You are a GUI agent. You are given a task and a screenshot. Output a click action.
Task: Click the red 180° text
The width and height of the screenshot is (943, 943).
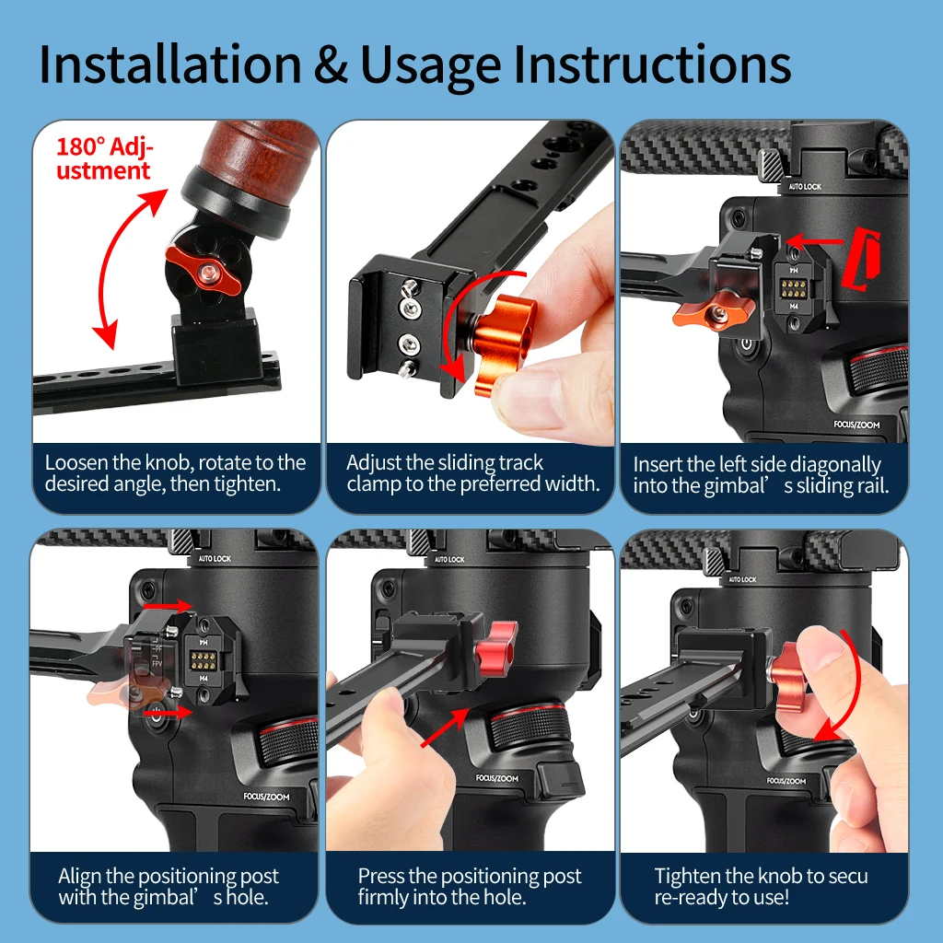point(81,146)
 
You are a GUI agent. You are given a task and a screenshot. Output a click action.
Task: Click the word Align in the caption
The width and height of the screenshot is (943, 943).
point(80,877)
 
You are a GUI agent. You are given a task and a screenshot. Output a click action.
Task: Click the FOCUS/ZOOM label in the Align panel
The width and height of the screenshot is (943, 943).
point(266,797)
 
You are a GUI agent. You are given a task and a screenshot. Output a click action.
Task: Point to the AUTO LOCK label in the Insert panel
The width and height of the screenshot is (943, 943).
point(805,186)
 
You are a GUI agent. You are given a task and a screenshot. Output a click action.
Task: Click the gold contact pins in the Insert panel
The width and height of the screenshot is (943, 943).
point(794,288)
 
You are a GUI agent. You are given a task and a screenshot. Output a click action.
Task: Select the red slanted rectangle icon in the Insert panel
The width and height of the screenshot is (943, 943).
point(861,258)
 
